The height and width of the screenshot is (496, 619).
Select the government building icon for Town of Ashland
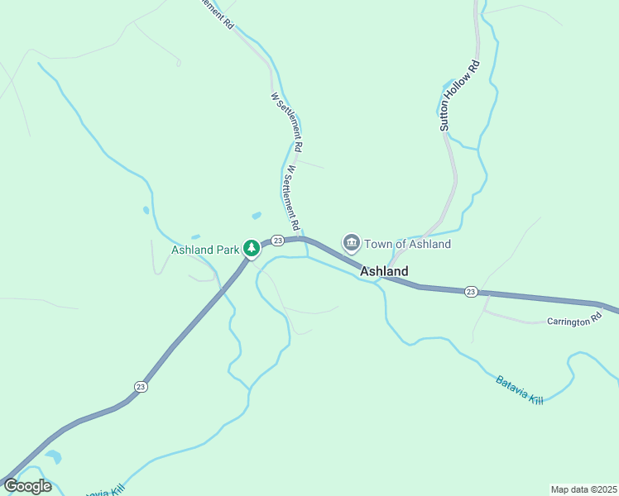pyautogui.click(x=351, y=243)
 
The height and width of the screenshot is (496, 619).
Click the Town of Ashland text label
pyautogui.click(x=408, y=244)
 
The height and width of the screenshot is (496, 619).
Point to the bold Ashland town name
pyautogui.click(x=384, y=271)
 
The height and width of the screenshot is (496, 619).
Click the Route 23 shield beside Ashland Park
pyautogui.click(x=278, y=240)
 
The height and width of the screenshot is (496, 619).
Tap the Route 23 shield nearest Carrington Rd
pyautogui.click(x=471, y=291)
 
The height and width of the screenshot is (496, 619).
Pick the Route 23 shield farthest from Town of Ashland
pyautogui.click(x=140, y=386)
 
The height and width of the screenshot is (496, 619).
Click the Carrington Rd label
pyautogui.click(x=573, y=321)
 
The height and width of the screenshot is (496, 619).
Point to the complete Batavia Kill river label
pyautogui.click(x=521, y=390)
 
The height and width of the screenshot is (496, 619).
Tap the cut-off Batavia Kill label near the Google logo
pyautogui.click(x=104, y=490)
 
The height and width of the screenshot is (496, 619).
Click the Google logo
pyautogui.click(x=28, y=486)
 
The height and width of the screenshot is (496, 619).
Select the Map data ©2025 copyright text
pyautogui.click(x=583, y=489)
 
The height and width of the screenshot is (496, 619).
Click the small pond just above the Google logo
pyautogui.click(x=53, y=456)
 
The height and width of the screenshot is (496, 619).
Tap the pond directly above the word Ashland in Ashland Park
pyautogui.click(x=195, y=237)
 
